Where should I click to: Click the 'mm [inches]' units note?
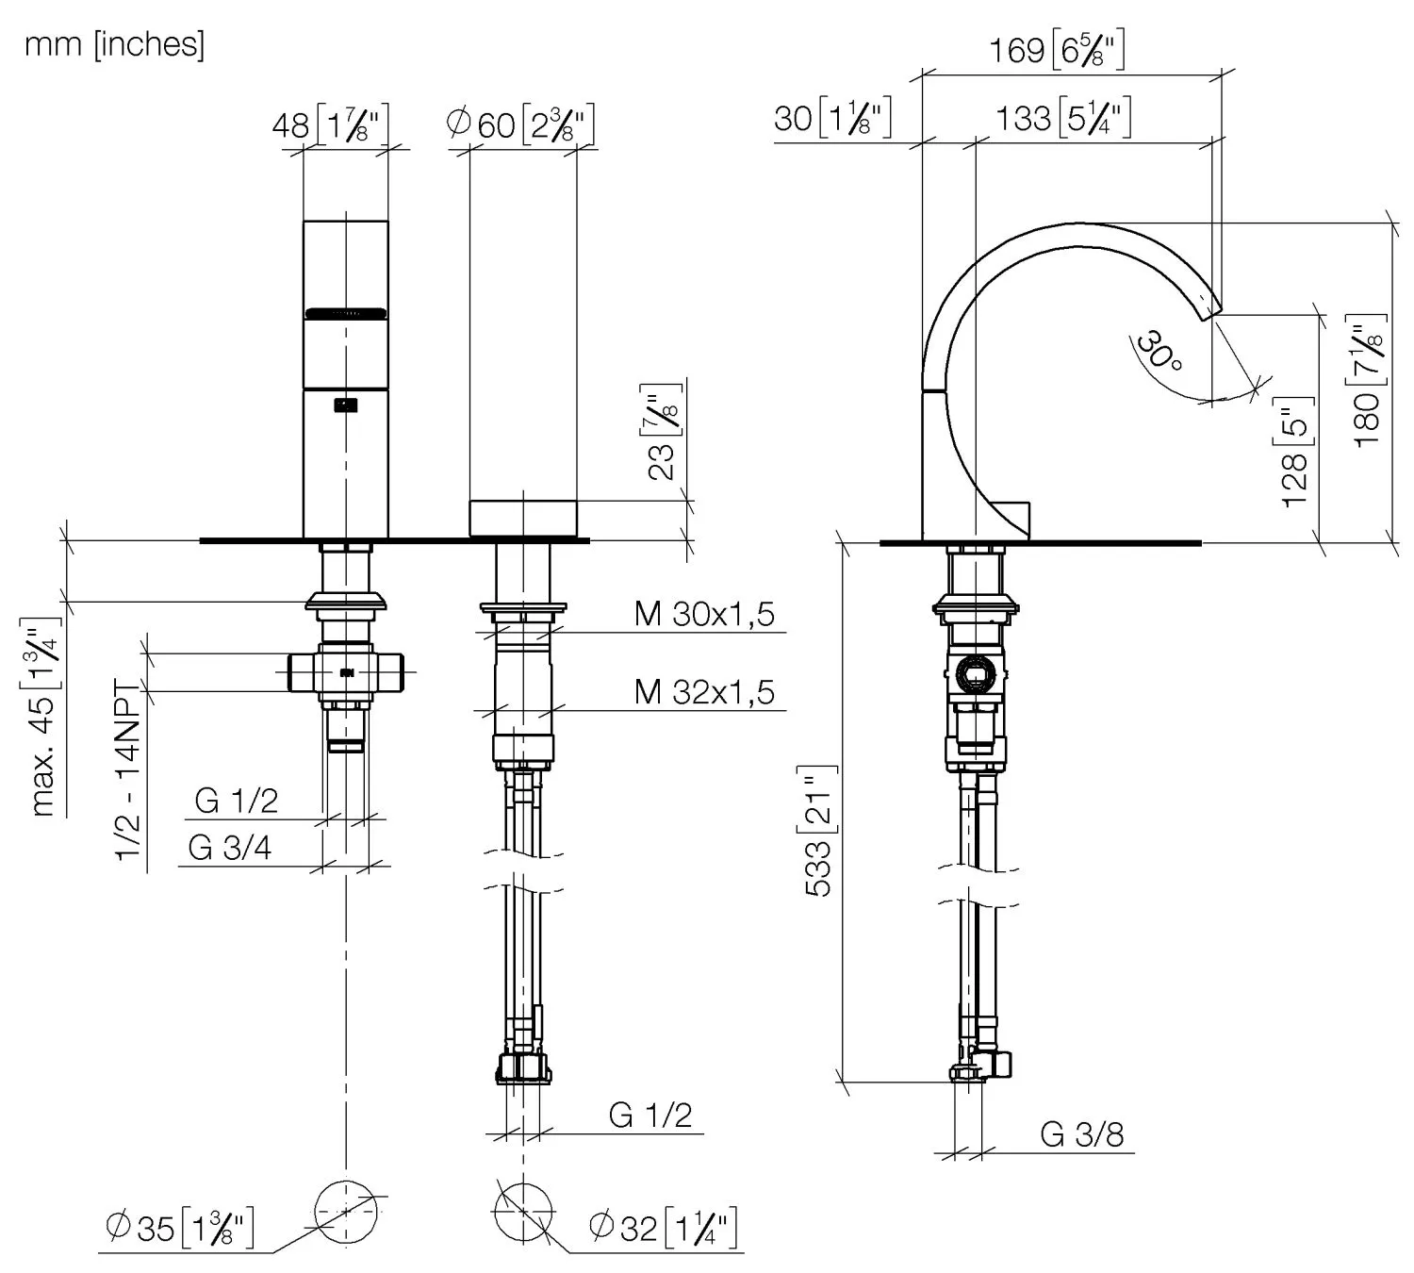pos(114,44)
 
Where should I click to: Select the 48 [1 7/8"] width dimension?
pos(330,124)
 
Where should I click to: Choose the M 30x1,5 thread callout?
pos(704,614)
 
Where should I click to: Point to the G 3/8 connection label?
pos(1082,1133)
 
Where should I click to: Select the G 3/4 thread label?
pos(230,848)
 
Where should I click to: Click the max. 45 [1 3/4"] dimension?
pos(44,717)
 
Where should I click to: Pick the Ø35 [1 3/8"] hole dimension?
pos(179,1228)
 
